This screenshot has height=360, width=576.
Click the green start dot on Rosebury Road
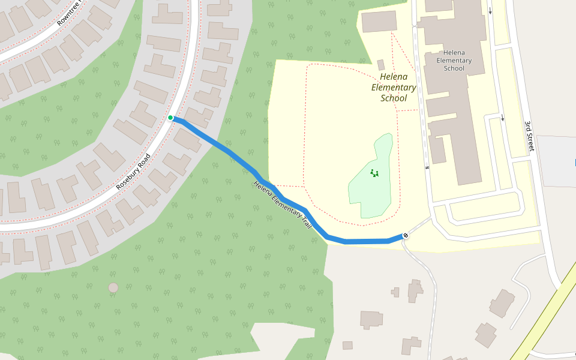tap(170, 118)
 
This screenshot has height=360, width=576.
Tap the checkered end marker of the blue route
tap(406, 235)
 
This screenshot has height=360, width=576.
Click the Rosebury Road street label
tap(134, 172)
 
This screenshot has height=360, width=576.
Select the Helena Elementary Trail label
tap(283, 204)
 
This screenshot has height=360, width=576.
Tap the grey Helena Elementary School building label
tap(454, 60)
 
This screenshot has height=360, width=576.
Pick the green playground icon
tap(375, 173)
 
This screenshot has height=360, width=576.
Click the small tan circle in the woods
tap(113, 287)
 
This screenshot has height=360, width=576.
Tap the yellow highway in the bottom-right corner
tap(540, 324)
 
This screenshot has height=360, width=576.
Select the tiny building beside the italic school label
tap(381, 64)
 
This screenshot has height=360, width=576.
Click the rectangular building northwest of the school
tap(379, 21)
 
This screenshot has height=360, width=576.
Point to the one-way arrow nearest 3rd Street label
tap(502, 118)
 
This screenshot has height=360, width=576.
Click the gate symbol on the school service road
tap(427, 167)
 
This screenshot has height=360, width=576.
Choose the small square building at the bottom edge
tap(347, 345)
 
